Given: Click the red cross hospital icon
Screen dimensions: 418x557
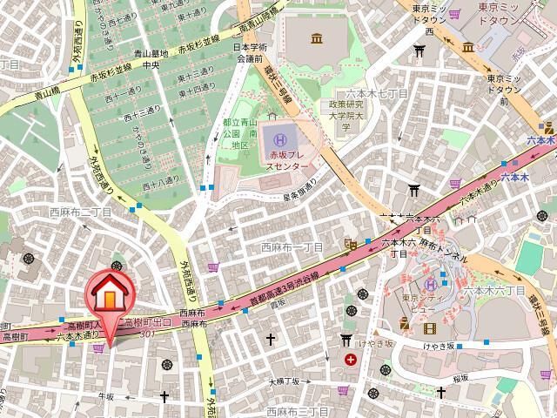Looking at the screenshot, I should click(x=350, y=359).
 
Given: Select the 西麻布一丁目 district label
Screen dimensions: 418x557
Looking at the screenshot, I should click(x=292, y=247).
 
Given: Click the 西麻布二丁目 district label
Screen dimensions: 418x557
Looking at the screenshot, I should click(x=80, y=212).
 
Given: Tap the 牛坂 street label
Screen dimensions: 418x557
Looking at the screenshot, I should click(x=105, y=395).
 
